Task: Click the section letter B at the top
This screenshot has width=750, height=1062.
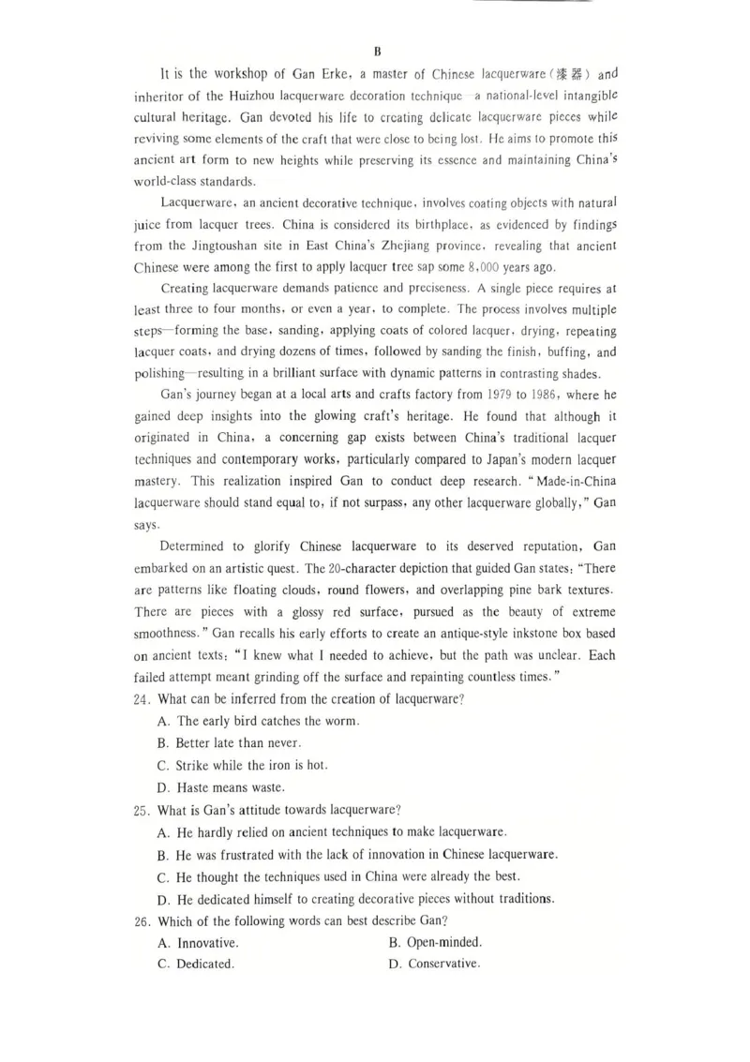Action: click(x=376, y=51)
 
